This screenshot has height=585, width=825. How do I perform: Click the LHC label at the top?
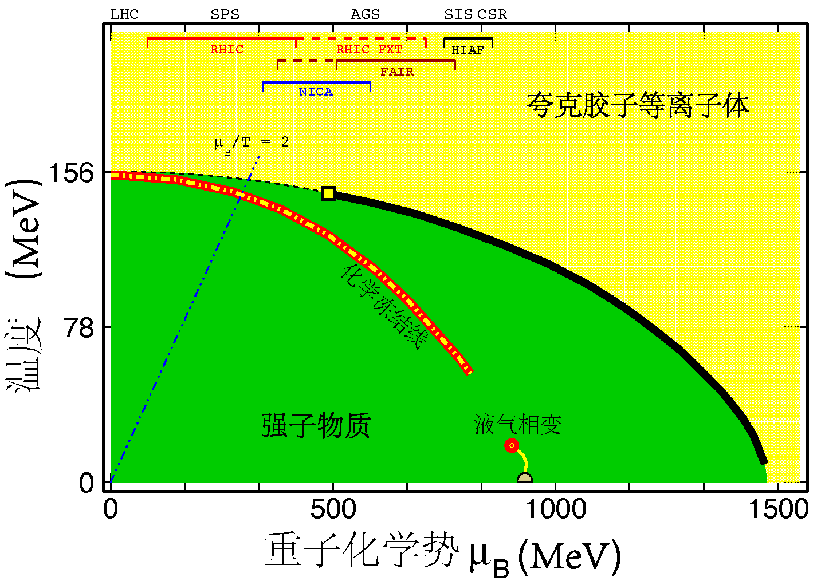(x=124, y=14)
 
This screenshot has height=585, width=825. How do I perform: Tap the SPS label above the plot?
(x=225, y=14)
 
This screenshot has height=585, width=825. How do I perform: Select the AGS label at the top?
(x=365, y=14)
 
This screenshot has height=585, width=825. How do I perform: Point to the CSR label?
(x=492, y=14)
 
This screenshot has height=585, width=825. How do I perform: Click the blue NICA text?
(x=316, y=92)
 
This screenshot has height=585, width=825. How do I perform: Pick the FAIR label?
(x=397, y=72)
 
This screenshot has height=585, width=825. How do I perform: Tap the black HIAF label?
(x=467, y=50)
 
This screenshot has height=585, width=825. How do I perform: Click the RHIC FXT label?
(x=370, y=49)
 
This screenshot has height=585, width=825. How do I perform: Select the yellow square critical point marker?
(x=328, y=193)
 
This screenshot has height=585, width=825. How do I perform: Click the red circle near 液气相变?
(x=512, y=445)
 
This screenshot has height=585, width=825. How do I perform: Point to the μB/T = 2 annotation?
(x=252, y=142)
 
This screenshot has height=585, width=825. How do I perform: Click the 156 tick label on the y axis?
(x=72, y=172)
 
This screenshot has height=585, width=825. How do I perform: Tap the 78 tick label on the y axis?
(x=80, y=327)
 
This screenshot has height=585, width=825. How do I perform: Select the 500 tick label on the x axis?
(x=333, y=509)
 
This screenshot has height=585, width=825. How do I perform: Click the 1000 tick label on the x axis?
(x=556, y=509)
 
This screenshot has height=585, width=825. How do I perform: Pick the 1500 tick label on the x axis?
(x=778, y=509)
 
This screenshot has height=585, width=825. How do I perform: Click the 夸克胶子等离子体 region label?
(x=638, y=106)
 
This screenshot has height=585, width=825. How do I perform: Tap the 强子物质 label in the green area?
(x=316, y=425)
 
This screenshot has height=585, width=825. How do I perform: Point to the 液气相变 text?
(x=518, y=425)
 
